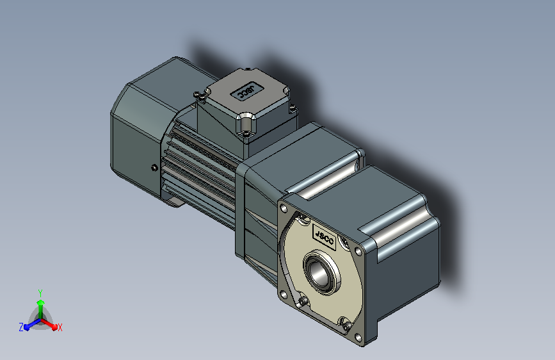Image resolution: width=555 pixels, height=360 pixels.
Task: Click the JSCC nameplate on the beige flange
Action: (x=324, y=237)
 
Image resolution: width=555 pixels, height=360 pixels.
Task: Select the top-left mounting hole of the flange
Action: (x=284, y=209)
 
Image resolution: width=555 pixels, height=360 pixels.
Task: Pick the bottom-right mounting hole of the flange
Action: (x=358, y=338)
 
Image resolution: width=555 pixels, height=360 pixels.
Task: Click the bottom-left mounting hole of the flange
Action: (x=283, y=294)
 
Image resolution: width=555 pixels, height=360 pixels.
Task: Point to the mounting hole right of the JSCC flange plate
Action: (x=358, y=252)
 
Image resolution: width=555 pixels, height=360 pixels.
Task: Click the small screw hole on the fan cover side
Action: (x=154, y=168)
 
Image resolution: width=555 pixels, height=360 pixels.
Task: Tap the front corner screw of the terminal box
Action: (x=246, y=134)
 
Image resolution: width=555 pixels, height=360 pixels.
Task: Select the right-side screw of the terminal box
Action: (x=293, y=108)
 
